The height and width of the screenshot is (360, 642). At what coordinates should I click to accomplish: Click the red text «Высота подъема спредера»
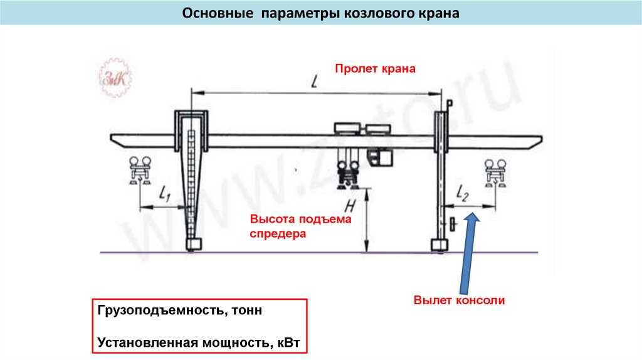(x=292, y=227)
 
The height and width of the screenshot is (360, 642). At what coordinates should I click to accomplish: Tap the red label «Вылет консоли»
(x=459, y=300)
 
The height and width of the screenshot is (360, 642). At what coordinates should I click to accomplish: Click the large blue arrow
(x=467, y=251)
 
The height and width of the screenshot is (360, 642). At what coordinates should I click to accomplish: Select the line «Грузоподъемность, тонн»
(x=176, y=310)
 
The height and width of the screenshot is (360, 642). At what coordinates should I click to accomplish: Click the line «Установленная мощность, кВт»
(x=199, y=343)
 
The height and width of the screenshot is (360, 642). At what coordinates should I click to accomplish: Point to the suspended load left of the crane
(x=139, y=171)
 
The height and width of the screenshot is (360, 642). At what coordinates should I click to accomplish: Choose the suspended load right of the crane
(x=495, y=172)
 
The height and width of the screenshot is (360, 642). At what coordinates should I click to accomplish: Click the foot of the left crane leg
(x=193, y=243)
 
